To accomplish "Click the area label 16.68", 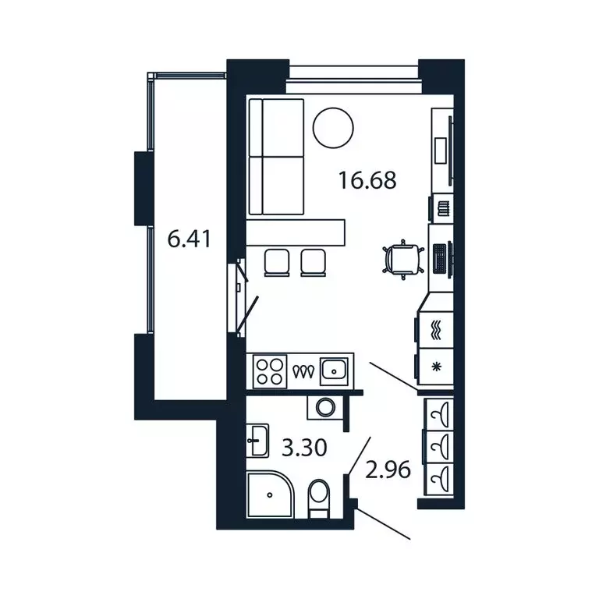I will pos(367,181).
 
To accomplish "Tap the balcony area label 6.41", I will pos(190,239).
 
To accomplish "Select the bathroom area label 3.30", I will pos(303,448).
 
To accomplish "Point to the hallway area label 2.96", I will pos(388,470).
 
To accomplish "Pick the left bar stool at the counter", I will pos(277,262).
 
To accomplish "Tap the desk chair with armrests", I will pos(402,258).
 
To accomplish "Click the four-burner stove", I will pos(268,370).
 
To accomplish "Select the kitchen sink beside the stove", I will pos(335,370).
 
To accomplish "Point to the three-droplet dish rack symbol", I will pos(303,371).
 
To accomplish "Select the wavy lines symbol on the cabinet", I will pos(436,328).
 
